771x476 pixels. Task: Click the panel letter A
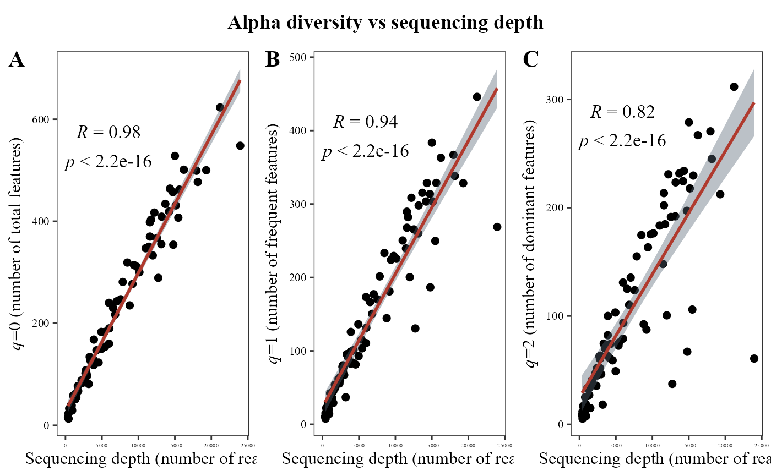pyautogui.click(x=17, y=59)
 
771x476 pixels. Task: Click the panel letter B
pyautogui.click(x=273, y=59)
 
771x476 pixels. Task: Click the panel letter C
pyautogui.click(x=530, y=59)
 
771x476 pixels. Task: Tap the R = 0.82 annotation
pyautogui.click(x=622, y=112)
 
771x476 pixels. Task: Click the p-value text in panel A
pyautogui.click(x=108, y=162)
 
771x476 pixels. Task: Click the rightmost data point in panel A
pyautogui.click(x=240, y=146)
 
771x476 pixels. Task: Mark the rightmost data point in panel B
pyautogui.click(x=497, y=227)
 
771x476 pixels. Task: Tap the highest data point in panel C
pyautogui.click(x=734, y=87)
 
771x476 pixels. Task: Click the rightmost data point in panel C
pyautogui.click(x=754, y=358)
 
